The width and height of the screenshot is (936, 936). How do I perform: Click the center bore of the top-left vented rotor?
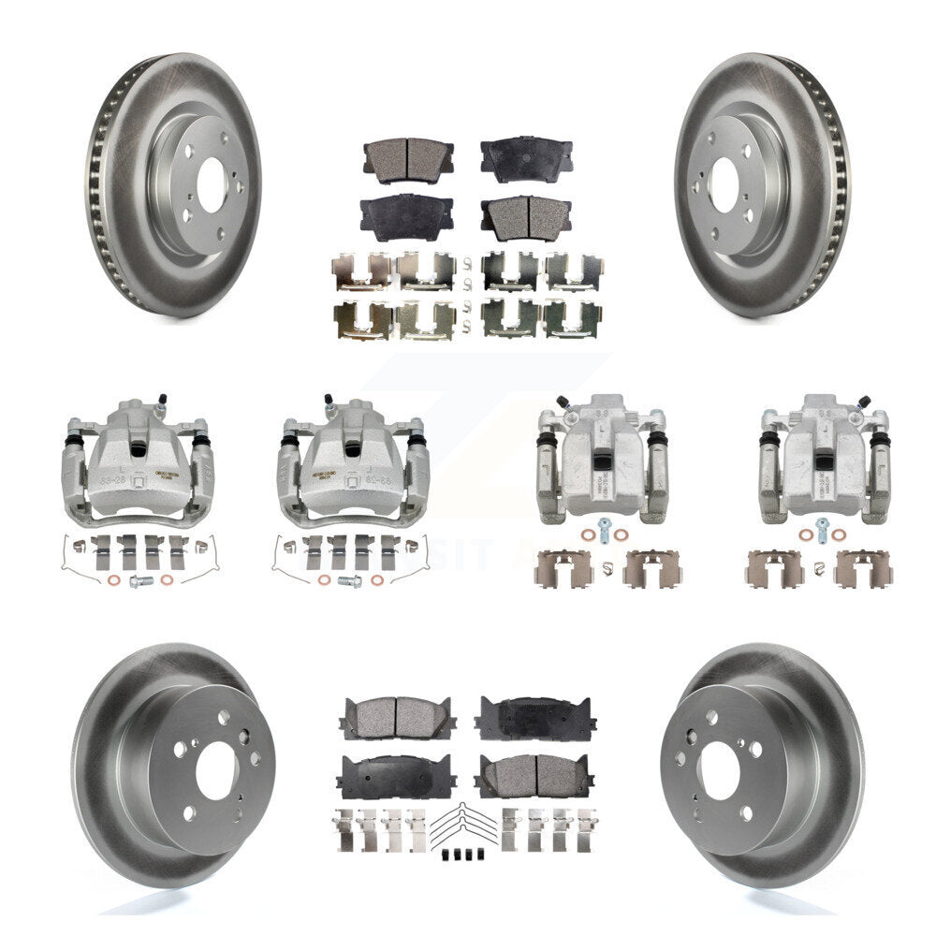(211, 177)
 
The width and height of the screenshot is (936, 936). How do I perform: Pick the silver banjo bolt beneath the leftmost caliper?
(141, 580)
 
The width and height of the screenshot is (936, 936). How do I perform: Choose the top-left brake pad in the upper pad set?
(407, 159)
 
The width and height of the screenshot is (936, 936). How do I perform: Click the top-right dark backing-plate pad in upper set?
(526, 159)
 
